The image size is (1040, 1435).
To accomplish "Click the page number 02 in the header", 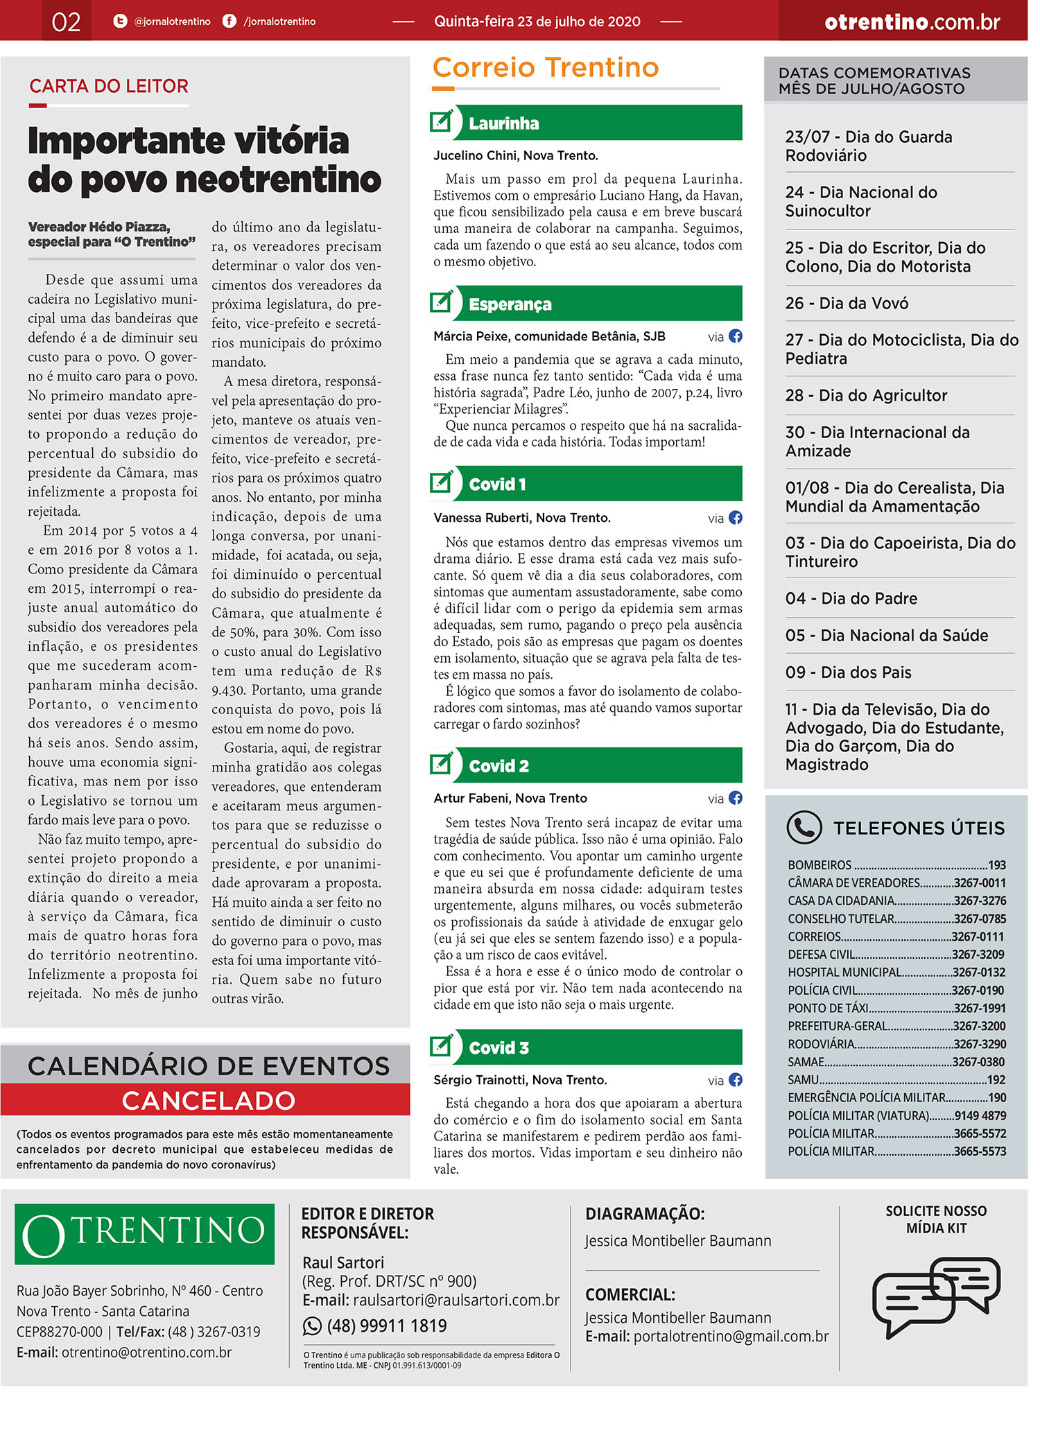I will coord(66,21).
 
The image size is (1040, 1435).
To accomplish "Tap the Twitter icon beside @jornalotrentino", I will coord(120,21).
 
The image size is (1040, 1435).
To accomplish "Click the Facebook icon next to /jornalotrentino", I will coord(229,21).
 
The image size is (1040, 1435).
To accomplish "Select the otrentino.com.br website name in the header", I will coord(912,22).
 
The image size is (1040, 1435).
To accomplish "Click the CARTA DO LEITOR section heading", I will coord(109,86).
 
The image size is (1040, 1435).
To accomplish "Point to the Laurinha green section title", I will coord(504,123).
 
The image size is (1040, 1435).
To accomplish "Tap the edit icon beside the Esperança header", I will coord(442,303).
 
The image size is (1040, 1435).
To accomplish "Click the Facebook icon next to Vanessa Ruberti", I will coord(736,518).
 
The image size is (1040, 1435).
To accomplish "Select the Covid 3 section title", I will coord(499,1048).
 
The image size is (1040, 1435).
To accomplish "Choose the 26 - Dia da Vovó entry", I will coord(847,303).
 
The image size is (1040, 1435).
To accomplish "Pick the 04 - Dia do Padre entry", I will coord(851,598).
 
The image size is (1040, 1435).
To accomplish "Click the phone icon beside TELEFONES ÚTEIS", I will coord(804,827).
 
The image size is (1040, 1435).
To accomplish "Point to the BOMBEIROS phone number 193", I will coord(996,865).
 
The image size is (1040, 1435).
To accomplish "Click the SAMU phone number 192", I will coord(996,1079).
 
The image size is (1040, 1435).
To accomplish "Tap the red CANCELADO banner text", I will coord(209,1101).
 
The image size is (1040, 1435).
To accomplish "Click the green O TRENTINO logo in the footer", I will coord(144,1234).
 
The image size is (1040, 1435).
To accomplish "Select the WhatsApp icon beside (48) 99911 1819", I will coord(312,1325).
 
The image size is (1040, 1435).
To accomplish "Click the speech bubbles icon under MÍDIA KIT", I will coord(935,1295).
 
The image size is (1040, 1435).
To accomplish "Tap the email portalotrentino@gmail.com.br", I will coord(731,1336).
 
